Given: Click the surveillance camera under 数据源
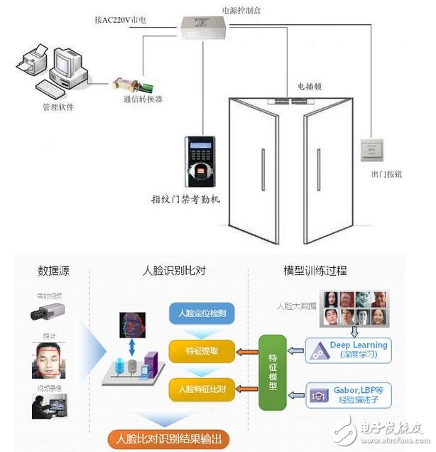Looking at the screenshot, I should (x=49, y=311).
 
